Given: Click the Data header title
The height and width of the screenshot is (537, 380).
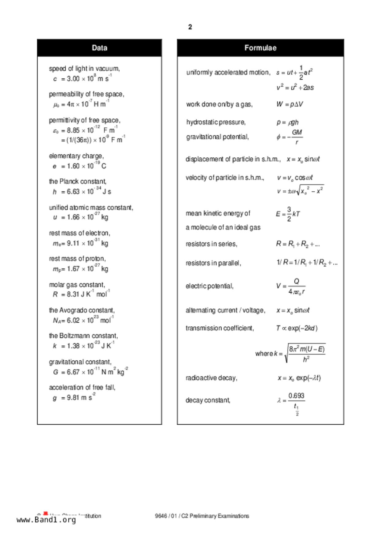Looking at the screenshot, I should pos(99,48).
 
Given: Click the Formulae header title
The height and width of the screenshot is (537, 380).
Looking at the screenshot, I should pos(260,48).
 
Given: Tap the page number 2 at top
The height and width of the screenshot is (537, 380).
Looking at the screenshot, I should pos(190,27).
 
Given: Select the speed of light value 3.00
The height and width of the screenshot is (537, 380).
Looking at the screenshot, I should pos(73,79).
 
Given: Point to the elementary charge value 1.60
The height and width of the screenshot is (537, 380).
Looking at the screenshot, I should pos(73,166).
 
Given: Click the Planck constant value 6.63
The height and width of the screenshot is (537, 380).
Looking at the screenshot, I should pos(73,192).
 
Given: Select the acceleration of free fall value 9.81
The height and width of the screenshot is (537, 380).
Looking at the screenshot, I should pos(73,398).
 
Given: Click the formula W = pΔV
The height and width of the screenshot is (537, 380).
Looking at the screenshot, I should pos(290,104).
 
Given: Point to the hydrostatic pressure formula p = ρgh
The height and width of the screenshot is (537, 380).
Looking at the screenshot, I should pos(287,122).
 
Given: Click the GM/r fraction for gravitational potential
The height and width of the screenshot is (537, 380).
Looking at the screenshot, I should pos(297,137).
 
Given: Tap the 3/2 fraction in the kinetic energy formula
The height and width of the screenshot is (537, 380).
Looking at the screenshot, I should pos(289,214).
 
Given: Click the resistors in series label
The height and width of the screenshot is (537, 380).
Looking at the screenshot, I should pos(211,244).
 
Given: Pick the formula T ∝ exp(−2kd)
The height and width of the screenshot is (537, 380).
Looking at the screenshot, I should pos(297,328).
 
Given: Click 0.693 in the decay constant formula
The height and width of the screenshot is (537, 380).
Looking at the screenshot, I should pos(296,396).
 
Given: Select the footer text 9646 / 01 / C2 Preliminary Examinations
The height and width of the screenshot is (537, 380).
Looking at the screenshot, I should pos(202,516).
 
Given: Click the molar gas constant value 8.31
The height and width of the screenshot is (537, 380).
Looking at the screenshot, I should pos(73,294).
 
